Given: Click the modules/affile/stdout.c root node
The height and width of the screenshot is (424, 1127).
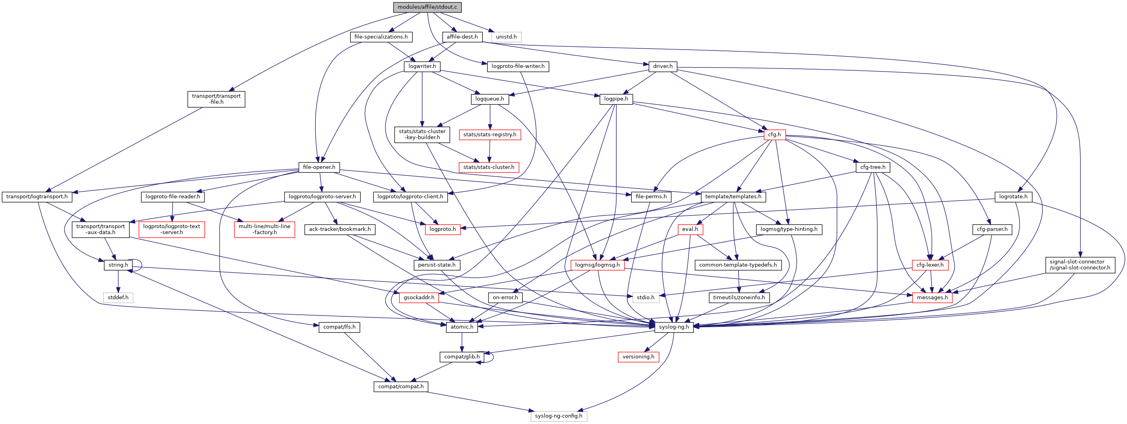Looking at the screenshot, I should (427, 7).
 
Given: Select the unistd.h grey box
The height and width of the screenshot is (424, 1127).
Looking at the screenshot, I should (506, 37).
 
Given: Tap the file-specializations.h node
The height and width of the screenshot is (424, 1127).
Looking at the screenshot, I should (381, 37).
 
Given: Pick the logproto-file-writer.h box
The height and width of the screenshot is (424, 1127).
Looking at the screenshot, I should (518, 66).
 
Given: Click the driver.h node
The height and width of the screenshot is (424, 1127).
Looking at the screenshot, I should (662, 66).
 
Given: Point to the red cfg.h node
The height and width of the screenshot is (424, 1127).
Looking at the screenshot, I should (774, 134).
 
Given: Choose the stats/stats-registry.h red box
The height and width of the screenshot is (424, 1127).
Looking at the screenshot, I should (490, 134).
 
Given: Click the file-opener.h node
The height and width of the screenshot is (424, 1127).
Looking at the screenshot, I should (319, 167).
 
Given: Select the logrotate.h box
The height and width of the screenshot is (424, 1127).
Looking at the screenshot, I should (1013, 196).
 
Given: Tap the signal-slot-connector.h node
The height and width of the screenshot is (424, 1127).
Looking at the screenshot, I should (1080, 265).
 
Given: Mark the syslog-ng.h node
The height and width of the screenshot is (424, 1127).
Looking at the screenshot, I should (674, 327).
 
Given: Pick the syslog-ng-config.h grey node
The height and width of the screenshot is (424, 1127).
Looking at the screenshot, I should (559, 416).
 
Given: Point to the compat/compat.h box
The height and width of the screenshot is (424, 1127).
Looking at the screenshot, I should (401, 386).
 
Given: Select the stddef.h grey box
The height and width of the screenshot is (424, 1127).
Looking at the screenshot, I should (118, 297).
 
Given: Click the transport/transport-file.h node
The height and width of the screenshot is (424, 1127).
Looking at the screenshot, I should (216, 99).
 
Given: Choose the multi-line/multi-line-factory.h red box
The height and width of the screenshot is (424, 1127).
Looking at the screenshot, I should (264, 229).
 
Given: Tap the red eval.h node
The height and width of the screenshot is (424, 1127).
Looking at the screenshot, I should (690, 229).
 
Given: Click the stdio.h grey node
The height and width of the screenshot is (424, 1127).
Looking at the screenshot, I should (645, 297).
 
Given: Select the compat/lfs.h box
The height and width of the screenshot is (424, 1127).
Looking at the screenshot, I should (339, 327).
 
